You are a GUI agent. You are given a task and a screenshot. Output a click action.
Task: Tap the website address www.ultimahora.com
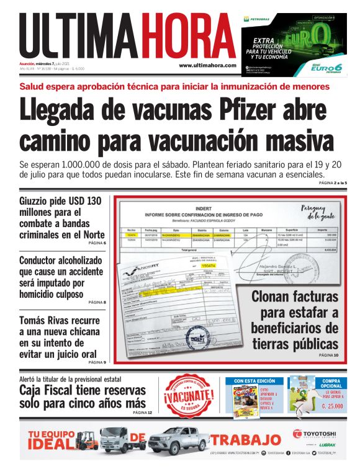207,65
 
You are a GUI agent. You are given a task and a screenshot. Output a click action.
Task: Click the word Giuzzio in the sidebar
39,202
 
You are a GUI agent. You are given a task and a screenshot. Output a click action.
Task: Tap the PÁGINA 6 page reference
97,243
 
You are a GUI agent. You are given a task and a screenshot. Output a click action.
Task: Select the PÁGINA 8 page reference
97,302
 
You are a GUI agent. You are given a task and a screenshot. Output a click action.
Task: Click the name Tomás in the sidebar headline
35,320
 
